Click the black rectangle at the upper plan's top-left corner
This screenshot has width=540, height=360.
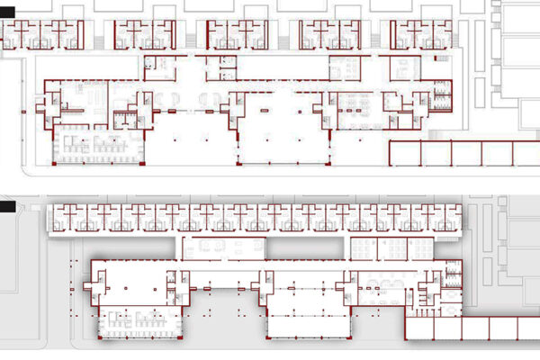tap(6, 11)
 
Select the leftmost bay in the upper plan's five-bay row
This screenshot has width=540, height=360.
tap(405, 153)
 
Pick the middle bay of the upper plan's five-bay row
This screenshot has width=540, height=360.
tap(466, 153)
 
